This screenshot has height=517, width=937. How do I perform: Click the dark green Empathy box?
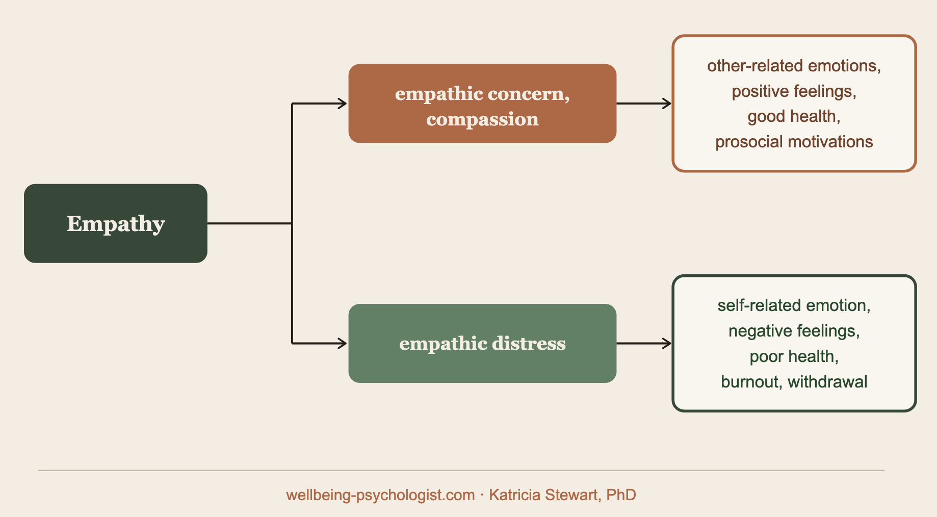[115, 223]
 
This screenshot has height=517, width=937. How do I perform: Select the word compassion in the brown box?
[482, 119]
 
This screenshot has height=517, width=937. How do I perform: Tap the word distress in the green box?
[529, 344]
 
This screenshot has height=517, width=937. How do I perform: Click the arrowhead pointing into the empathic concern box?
[342, 104]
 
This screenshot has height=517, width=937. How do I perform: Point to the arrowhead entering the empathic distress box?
[342, 343]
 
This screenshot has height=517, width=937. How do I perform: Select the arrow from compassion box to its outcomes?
[644, 104]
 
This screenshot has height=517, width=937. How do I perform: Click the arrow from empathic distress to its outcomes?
[644, 343]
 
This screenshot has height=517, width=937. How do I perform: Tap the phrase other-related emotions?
[794, 66]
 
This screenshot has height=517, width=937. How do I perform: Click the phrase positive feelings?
[794, 91]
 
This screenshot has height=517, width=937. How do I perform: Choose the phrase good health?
[794, 116]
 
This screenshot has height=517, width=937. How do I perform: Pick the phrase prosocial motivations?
[794, 142]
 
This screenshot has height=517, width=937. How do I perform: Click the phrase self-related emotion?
[794, 305]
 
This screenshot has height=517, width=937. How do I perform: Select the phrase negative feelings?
[794, 331]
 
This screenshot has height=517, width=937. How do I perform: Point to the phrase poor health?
[794, 356]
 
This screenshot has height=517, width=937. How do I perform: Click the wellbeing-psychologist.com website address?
[380, 495]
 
